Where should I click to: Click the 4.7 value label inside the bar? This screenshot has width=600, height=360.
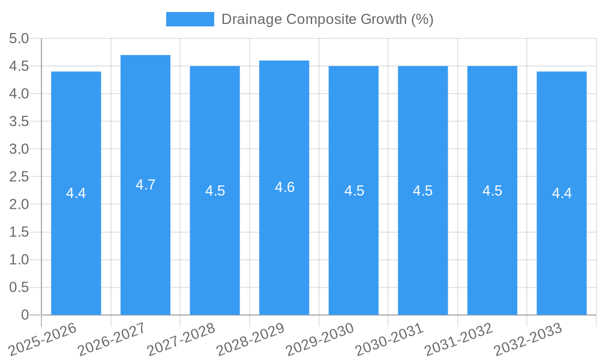145,185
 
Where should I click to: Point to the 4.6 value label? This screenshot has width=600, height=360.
284,187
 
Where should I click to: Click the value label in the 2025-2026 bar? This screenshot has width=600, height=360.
76,193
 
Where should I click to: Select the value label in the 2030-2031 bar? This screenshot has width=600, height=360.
423,191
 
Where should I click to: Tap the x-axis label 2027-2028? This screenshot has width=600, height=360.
181,339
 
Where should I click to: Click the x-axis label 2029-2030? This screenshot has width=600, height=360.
320,339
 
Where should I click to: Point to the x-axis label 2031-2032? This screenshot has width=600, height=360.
458,339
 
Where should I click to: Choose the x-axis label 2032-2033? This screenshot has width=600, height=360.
528,339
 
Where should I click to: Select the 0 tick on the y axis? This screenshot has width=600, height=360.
25,315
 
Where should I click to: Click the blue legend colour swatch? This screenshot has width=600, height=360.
190,19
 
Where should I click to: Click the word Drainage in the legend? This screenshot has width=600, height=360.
251,19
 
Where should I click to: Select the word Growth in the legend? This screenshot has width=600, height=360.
384,19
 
